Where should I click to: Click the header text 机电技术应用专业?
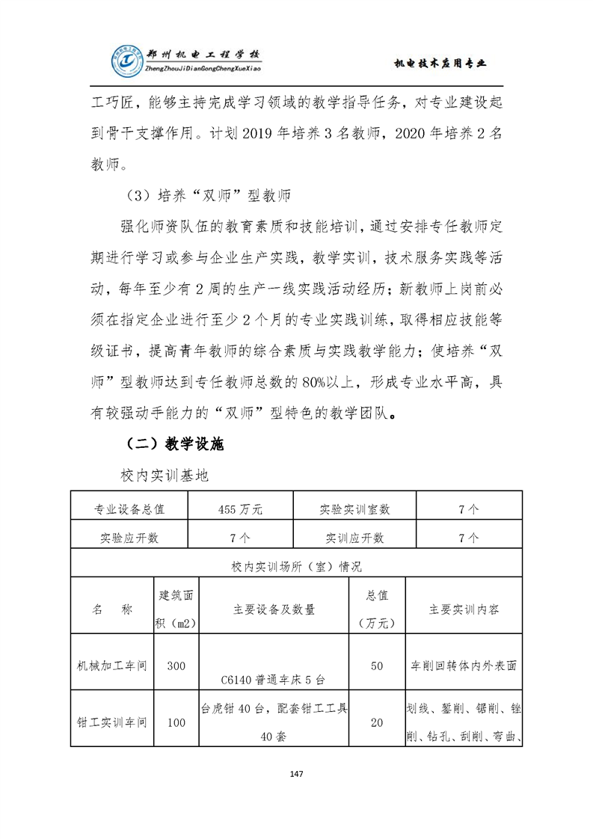tap(440, 64)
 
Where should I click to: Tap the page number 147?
tap(296, 773)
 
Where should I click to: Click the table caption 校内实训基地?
tap(165, 476)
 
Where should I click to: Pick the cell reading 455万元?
tap(241, 509)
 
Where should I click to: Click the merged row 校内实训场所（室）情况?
tap(296, 566)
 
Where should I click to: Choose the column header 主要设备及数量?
tap(274, 609)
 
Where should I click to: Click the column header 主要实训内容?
tap(464, 609)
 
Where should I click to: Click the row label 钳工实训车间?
tap(112, 722)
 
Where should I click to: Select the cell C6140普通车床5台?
tap(274, 680)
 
